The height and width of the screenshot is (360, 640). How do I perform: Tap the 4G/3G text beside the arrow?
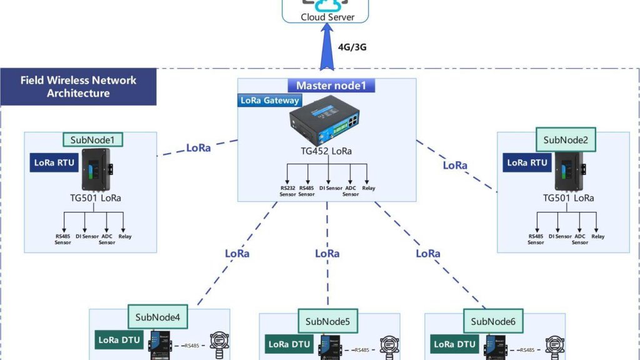coord(352,47)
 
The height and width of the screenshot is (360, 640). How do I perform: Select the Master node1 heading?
coord(331,86)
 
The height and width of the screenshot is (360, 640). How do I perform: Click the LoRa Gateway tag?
coord(269,101)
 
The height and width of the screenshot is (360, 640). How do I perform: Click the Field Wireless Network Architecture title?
coord(78,87)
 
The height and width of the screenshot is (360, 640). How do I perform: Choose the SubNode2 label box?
coord(565,140)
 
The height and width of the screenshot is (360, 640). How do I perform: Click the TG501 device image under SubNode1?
coord(98,170)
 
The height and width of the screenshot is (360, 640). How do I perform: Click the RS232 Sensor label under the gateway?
coord(287,191)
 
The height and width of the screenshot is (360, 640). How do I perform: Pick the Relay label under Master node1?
coord(369,187)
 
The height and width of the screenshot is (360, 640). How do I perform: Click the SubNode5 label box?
coord(327,322)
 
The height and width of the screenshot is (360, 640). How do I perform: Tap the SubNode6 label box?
coord(493,322)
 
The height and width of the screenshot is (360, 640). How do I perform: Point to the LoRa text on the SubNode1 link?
coord(198,148)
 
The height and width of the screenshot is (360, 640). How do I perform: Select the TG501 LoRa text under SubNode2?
coord(567,198)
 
